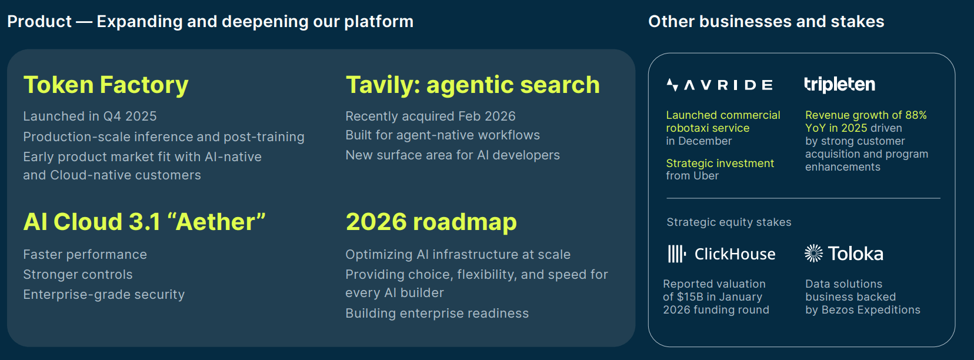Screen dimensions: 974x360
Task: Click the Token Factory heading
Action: [x=106, y=85]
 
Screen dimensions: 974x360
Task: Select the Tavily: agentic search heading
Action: [x=473, y=85]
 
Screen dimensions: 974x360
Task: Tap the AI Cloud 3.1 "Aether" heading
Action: [x=144, y=222]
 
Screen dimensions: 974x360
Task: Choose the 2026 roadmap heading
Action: [x=431, y=222]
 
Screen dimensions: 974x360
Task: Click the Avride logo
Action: [x=720, y=85]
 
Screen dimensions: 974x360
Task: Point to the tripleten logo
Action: [x=840, y=84]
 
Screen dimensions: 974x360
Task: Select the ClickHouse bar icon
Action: [x=676, y=254]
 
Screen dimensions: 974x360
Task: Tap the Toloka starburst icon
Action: [x=813, y=254]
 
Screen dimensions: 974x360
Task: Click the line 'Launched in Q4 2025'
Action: [x=90, y=116]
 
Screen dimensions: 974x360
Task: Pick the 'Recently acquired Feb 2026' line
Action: [x=431, y=116]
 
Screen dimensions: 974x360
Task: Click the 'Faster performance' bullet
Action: [x=85, y=254]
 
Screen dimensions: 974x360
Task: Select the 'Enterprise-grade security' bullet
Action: [x=104, y=294]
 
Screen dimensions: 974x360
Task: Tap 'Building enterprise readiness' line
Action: [x=437, y=313]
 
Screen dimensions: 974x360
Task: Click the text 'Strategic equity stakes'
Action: [x=729, y=222]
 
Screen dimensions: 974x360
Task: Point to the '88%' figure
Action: [x=916, y=115]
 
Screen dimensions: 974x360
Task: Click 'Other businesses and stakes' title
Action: [x=766, y=21]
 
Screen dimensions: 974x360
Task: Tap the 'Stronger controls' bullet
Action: [x=78, y=274]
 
